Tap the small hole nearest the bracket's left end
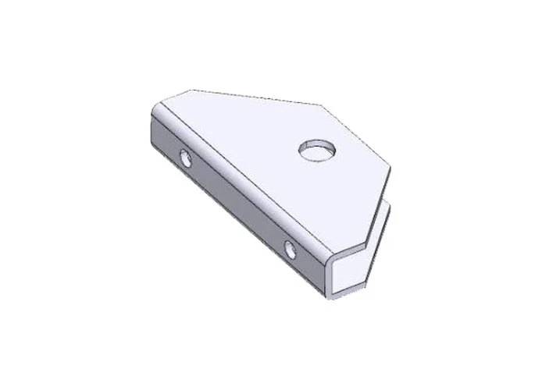click(186, 158)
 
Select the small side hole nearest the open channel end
click(291, 250)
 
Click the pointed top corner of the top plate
click(322, 105)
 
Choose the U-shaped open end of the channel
click(344, 273)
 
